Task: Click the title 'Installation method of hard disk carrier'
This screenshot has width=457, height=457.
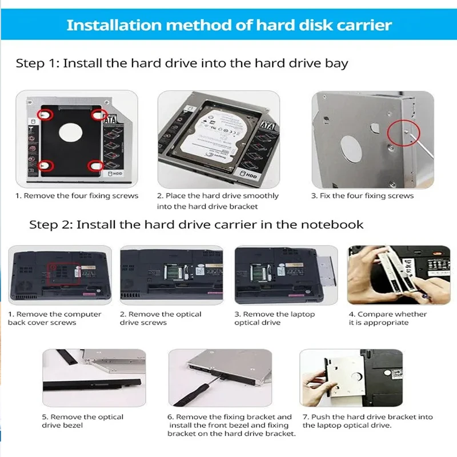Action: (x=228, y=25)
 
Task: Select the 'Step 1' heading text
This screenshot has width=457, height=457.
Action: (x=182, y=63)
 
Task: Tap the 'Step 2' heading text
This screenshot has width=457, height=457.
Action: (x=196, y=225)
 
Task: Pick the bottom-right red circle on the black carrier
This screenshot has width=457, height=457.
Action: (x=94, y=166)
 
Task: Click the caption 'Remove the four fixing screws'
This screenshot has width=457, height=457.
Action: (x=77, y=196)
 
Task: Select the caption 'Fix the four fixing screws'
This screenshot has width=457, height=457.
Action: (x=362, y=196)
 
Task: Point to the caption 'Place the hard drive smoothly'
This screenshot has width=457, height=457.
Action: (x=218, y=196)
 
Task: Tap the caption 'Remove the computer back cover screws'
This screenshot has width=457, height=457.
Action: (x=55, y=318)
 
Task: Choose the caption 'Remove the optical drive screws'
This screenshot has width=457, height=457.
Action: (x=161, y=318)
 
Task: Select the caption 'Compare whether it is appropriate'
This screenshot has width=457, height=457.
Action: (x=388, y=318)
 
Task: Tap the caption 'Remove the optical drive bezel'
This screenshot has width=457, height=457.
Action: (x=82, y=421)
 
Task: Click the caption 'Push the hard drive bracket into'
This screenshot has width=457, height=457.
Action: (x=368, y=417)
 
